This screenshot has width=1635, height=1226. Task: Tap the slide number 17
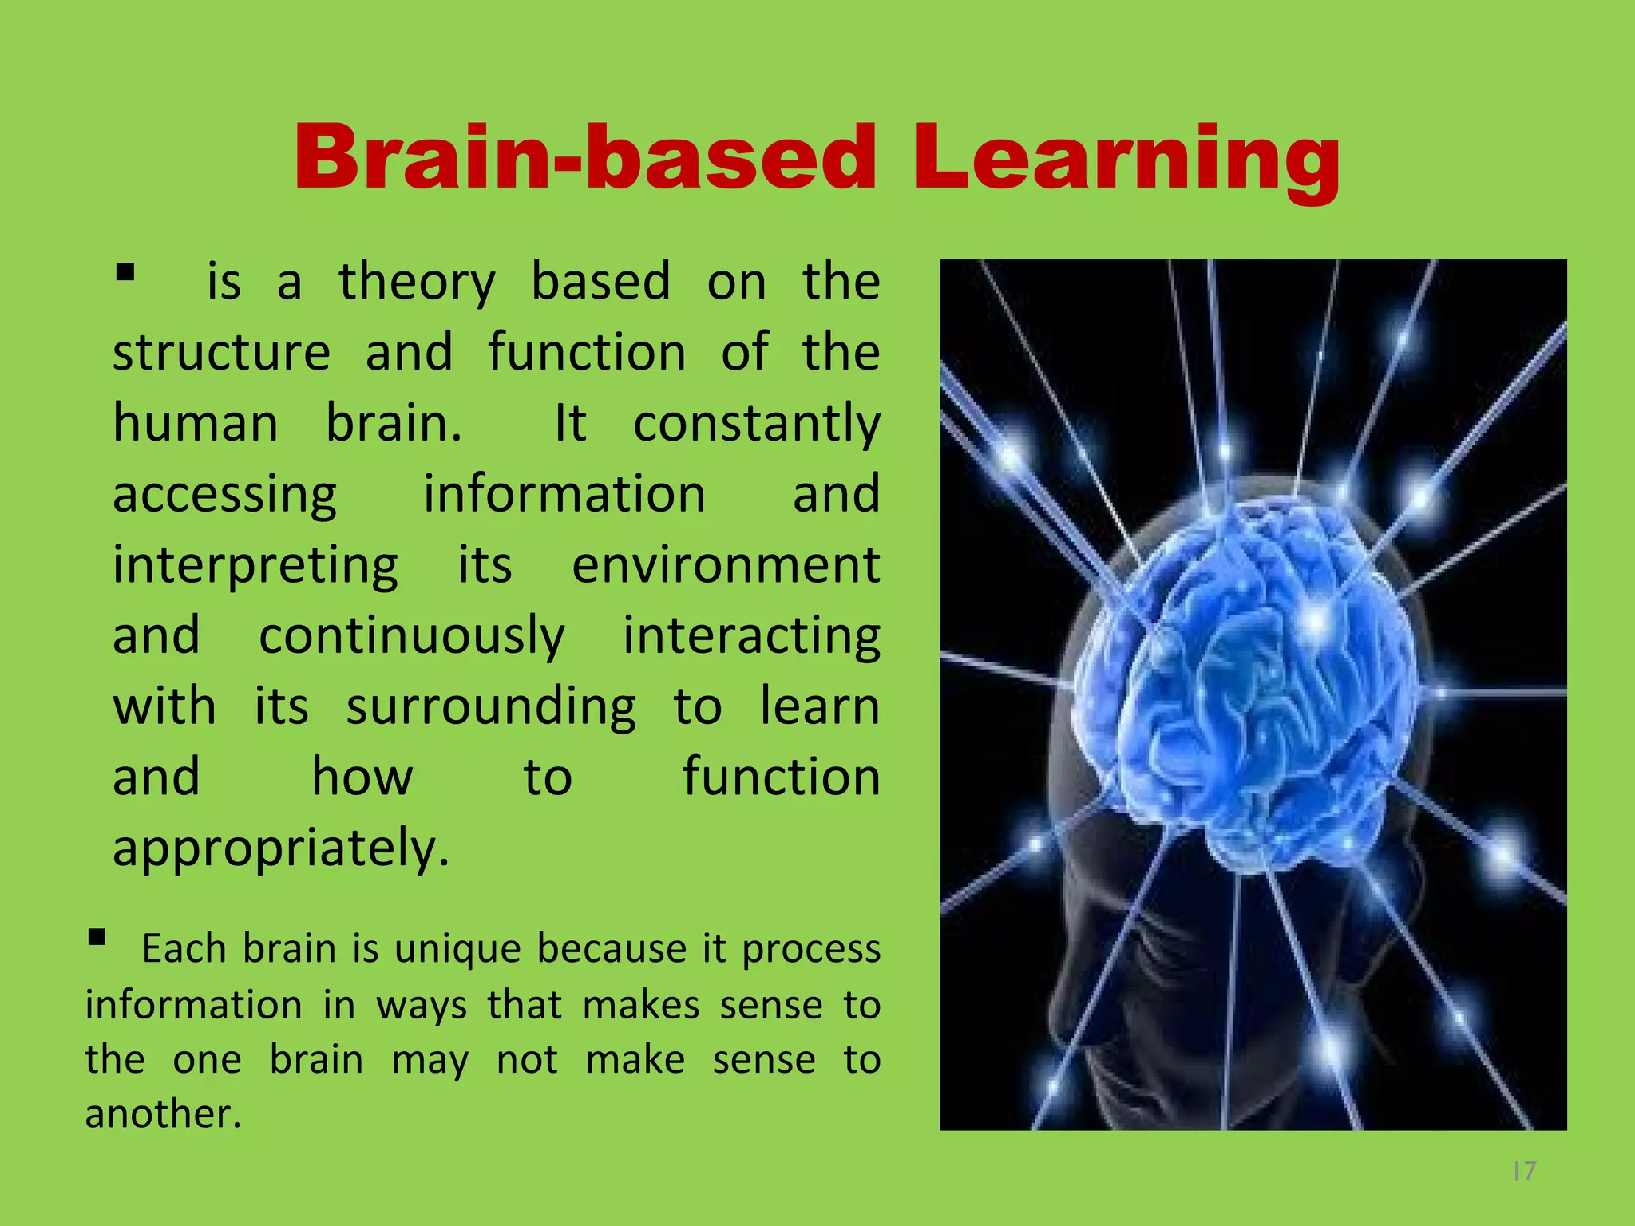coord(1524,1171)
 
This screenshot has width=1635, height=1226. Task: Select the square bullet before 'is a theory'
coord(125,273)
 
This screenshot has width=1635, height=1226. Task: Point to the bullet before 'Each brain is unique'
coord(97,937)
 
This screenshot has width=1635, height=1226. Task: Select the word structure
coord(221,353)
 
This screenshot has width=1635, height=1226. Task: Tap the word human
coord(196,422)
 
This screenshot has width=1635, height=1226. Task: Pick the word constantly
coord(756,424)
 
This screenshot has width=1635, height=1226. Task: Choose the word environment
coord(726,565)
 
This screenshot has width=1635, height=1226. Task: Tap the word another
coord(162,1114)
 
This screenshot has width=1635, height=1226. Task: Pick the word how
coord(362,777)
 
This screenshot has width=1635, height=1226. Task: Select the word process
coord(811,950)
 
